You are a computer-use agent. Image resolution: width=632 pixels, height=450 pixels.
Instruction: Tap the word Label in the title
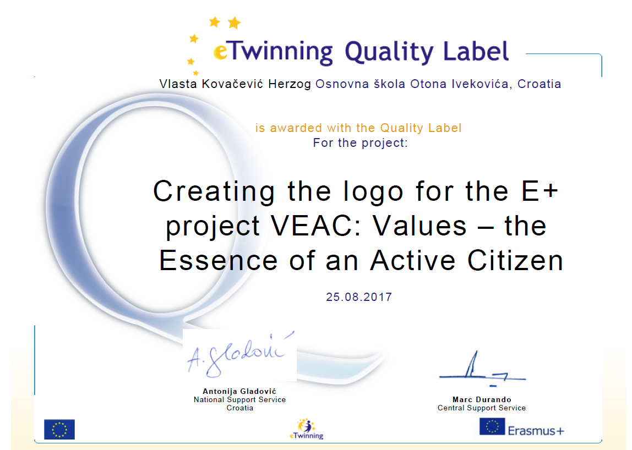click(476, 51)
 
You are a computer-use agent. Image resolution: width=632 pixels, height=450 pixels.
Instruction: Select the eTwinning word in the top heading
click(273, 52)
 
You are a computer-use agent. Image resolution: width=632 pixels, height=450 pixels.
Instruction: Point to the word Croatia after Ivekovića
click(540, 84)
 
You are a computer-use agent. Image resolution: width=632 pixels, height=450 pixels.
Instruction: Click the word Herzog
click(290, 84)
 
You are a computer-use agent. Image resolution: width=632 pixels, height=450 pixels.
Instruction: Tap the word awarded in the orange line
click(296, 128)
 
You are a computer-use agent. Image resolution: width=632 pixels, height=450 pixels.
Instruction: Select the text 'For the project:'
click(361, 143)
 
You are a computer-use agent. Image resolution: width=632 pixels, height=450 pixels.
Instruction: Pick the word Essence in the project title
click(218, 261)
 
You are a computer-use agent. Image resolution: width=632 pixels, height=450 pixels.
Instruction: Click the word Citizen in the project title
click(515, 261)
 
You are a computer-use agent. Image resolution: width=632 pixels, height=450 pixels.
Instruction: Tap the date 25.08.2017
click(359, 297)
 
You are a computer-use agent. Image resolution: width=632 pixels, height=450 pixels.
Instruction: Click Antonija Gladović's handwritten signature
click(240, 353)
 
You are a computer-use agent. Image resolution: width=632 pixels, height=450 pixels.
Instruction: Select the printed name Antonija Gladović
click(239, 391)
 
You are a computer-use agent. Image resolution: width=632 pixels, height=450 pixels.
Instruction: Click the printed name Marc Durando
click(482, 399)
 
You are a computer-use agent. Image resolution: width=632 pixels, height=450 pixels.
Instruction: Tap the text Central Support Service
click(482, 408)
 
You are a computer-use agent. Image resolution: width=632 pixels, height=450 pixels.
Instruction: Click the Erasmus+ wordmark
click(536, 431)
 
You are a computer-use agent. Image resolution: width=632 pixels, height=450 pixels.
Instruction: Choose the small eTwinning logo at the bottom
click(306, 429)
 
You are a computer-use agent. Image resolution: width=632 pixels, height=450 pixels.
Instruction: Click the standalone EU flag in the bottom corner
click(59, 429)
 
